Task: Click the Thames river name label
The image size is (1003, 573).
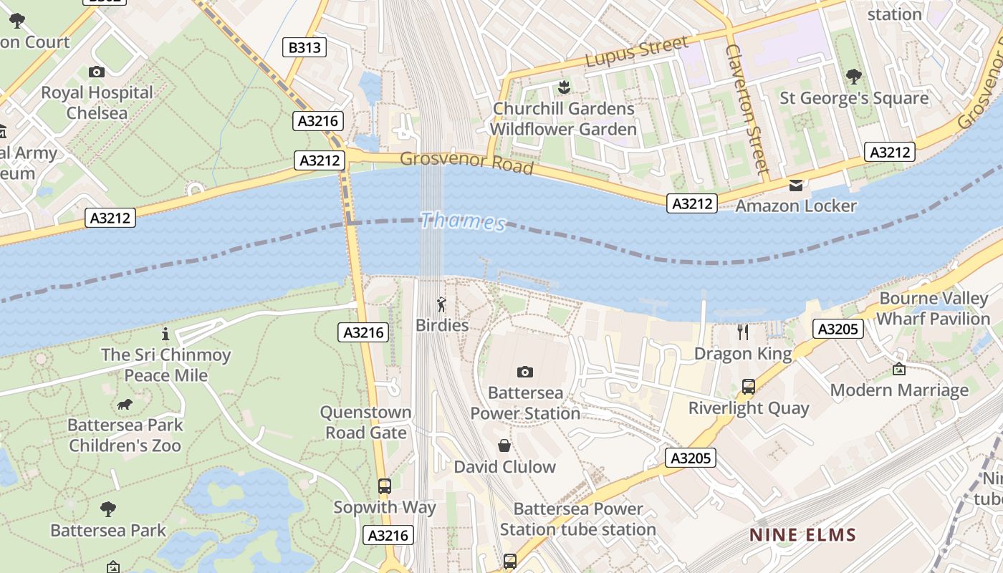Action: (x=463, y=221)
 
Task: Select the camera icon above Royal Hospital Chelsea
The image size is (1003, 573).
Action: (x=97, y=72)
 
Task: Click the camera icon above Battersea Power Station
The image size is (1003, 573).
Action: (x=525, y=372)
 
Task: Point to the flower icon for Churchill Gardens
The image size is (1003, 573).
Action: (x=564, y=87)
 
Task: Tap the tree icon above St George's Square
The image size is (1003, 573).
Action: (x=853, y=76)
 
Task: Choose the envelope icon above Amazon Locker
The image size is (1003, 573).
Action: (x=796, y=186)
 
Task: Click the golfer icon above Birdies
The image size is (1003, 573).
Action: (x=441, y=304)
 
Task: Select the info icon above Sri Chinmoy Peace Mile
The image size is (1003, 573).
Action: (x=165, y=334)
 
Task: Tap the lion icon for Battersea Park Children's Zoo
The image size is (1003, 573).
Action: (x=125, y=405)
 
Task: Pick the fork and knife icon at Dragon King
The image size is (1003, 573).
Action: (x=743, y=332)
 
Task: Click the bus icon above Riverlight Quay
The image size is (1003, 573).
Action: (x=749, y=387)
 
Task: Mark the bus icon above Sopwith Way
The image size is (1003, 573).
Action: (x=385, y=486)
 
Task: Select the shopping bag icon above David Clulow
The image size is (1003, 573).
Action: (x=504, y=446)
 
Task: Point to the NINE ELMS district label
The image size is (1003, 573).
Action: (x=802, y=535)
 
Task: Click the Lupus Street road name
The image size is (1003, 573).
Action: (x=637, y=52)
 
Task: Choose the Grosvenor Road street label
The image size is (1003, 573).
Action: (x=466, y=162)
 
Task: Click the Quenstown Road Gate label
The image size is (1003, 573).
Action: (x=365, y=423)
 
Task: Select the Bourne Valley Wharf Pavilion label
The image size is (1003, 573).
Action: (x=934, y=309)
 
